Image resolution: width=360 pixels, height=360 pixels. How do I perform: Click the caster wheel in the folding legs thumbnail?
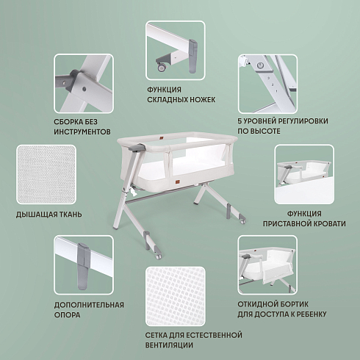(162, 68)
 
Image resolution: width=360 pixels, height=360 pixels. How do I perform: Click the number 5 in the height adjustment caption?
(240, 121)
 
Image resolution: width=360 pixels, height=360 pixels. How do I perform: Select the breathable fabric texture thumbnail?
(46, 174)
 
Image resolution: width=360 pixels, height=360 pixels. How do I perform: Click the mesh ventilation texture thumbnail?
(176, 296)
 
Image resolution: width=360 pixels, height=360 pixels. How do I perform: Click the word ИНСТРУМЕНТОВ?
(82, 132)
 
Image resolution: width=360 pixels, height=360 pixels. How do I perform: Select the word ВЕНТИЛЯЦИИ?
(169, 345)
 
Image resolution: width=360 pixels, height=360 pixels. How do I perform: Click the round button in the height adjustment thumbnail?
(260, 65)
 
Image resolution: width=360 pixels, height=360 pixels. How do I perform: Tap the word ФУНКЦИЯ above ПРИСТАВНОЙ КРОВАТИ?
(304, 214)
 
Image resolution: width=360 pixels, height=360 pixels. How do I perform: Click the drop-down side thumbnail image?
(267, 265)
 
